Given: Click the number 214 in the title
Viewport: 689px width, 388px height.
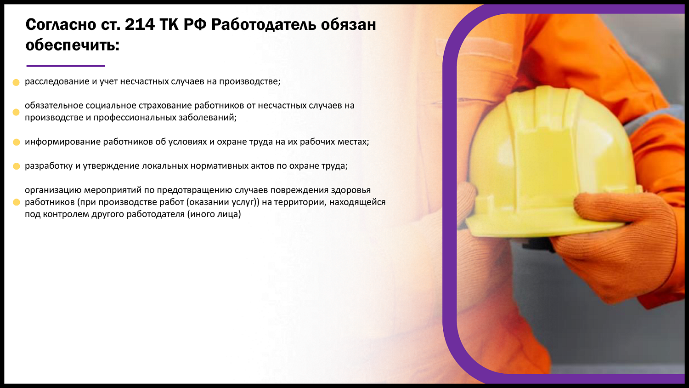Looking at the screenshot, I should tap(140, 24).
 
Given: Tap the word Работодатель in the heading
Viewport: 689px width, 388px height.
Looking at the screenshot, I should tap(263, 24).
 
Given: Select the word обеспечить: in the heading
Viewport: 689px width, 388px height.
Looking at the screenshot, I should tap(73, 45).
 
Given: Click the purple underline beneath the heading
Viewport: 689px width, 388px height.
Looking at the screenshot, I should tap(66, 66).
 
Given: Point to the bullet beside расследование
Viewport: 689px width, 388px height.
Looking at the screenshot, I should tap(16, 82).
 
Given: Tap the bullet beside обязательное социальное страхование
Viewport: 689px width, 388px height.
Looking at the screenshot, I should tap(16, 112).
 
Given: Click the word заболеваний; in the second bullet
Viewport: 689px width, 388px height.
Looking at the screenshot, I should tap(208, 118).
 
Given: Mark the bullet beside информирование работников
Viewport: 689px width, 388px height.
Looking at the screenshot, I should tap(16, 142).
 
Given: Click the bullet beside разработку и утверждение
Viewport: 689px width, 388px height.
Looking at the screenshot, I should tap(16, 166).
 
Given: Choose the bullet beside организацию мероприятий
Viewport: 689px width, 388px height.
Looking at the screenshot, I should tap(16, 202).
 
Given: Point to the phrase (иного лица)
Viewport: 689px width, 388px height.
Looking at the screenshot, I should tap(214, 214).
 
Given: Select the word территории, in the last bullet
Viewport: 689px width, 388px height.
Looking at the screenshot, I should tap(300, 202).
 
